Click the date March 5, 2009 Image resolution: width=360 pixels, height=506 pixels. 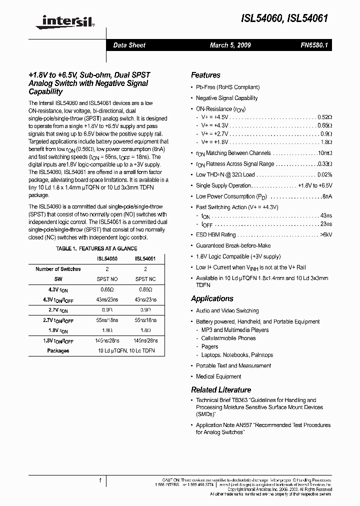tap(230, 45)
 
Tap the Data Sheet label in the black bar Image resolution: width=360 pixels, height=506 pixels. tap(129, 45)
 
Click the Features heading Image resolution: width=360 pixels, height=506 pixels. tap(205, 75)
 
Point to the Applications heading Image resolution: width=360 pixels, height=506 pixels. tap(212, 298)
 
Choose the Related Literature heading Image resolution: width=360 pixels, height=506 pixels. tap(221, 389)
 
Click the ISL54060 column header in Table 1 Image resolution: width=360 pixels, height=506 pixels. tap(107, 259)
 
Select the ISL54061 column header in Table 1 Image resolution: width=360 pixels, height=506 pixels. tap(145, 259)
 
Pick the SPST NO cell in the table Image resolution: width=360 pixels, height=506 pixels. tap(107, 279)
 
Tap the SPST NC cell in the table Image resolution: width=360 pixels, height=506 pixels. tap(145, 279)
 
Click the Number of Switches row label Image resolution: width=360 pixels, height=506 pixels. tap(58, 269)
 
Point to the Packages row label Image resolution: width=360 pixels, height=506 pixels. tap(58, 350)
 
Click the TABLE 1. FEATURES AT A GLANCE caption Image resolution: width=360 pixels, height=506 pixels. tap(96, 248)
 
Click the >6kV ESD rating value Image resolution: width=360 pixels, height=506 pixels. tap(326, 234)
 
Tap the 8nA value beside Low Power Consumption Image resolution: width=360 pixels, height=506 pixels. tap(327, 196)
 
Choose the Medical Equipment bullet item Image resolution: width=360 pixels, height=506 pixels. tap(218, 376)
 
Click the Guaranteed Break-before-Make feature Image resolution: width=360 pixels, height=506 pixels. tap(233, 245)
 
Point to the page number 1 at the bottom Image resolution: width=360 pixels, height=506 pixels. tap(100, 481)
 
